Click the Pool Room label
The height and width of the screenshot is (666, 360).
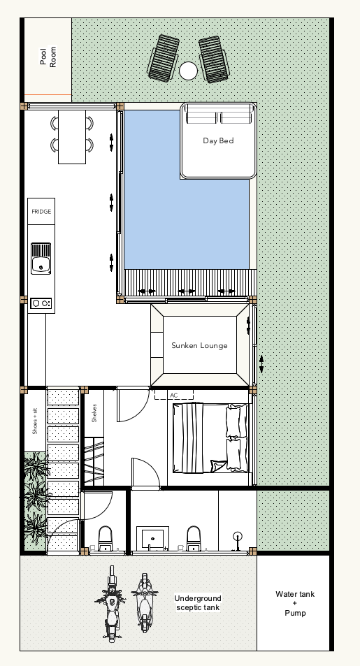pos(48,57)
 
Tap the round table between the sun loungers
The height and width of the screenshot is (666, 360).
pos(188,71)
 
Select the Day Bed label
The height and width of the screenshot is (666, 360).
pos(218,140)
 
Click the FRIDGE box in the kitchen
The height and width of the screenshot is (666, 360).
pos(41,211)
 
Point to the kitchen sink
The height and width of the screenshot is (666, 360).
pos(41,259)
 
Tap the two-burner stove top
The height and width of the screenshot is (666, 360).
pos(41,303)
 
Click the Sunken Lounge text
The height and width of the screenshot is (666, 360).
pos(199,345)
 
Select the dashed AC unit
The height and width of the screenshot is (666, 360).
pos(174,395)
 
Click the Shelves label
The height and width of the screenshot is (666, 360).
pos(94,413)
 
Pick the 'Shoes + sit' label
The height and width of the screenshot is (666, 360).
pos(35,421)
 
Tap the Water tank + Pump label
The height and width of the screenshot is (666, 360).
pos(295,604)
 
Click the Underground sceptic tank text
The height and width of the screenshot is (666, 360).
pos(198,602)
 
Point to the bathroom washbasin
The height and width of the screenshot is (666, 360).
pos(152,539)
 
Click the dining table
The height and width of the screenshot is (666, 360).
pos(72,137)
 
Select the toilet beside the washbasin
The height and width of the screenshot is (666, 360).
pos(194,539)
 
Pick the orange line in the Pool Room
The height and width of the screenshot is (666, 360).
pos(48,95)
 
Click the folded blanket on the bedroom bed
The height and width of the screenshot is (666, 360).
pos(193,438)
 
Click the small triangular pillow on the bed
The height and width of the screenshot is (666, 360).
pos(219,466)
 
